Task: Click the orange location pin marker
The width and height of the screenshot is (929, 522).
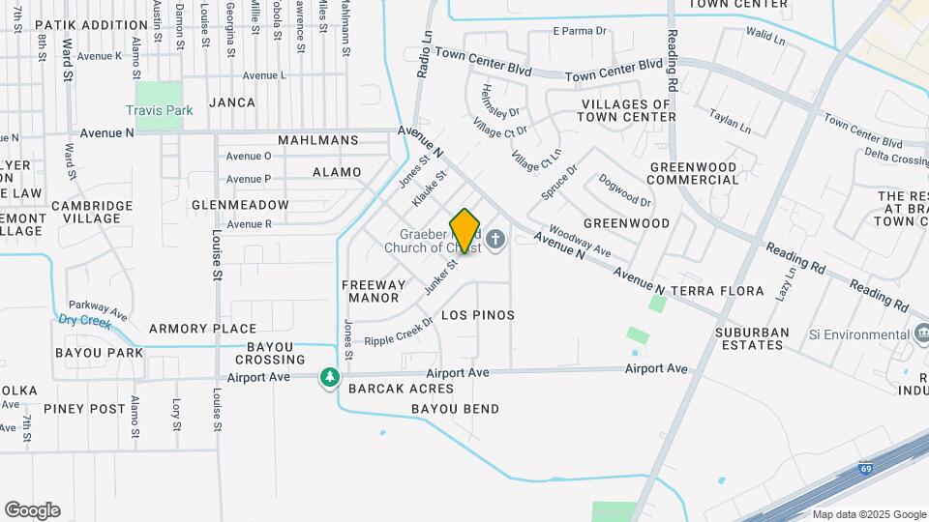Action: tap(464, 230)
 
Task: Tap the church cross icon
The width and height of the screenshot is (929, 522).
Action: tap(496, 239)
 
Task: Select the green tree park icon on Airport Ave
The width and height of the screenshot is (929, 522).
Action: tap(330, 376)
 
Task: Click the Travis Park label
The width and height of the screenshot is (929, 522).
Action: tap(159, 110)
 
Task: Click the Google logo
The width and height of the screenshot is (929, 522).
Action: tap(32, 510)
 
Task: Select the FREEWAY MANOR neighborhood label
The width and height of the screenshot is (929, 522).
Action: tap(375, 292)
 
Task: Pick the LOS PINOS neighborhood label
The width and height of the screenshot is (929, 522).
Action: tap(478, 315)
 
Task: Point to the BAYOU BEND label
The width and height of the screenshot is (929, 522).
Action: tap(456, 409)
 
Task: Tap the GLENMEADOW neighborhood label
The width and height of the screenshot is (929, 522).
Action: tap(240, 205)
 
